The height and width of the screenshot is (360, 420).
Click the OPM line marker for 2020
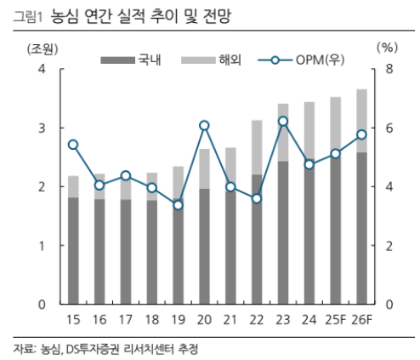tap(204, 125)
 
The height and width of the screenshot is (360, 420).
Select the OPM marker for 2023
tap(283, 121)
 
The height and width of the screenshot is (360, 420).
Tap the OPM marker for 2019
tap(178, 204)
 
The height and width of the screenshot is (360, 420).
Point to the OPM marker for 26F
tap(361, 134)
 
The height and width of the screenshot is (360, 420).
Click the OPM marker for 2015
tap(73, 145)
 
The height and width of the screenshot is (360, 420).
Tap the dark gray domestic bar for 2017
tap(126, 252)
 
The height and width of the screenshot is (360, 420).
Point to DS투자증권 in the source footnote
tap(94, 348)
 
